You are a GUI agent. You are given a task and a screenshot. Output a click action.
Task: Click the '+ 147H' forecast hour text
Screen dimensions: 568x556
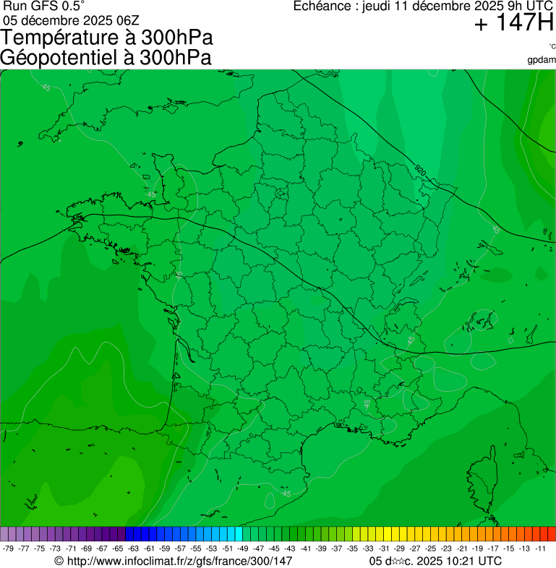click(x=513, y=25)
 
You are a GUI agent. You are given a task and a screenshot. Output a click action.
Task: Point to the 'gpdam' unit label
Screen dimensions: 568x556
click(x=542, y=60)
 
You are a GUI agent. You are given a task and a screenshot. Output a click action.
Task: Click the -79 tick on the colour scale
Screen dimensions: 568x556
click(x=9, y=548)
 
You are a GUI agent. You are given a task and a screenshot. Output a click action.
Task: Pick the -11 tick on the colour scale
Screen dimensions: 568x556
click(x=540, y=548)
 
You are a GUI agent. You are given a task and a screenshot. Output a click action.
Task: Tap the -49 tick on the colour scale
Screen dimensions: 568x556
click(x=243, y=548)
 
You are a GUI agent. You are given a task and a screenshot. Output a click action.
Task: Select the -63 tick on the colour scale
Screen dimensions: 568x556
click(x=134, y=548)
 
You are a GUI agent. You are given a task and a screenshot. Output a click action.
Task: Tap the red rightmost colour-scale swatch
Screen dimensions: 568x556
click(x=552, y=534)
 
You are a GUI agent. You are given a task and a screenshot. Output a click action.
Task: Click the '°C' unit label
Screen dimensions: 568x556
click(x=552, y=46)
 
